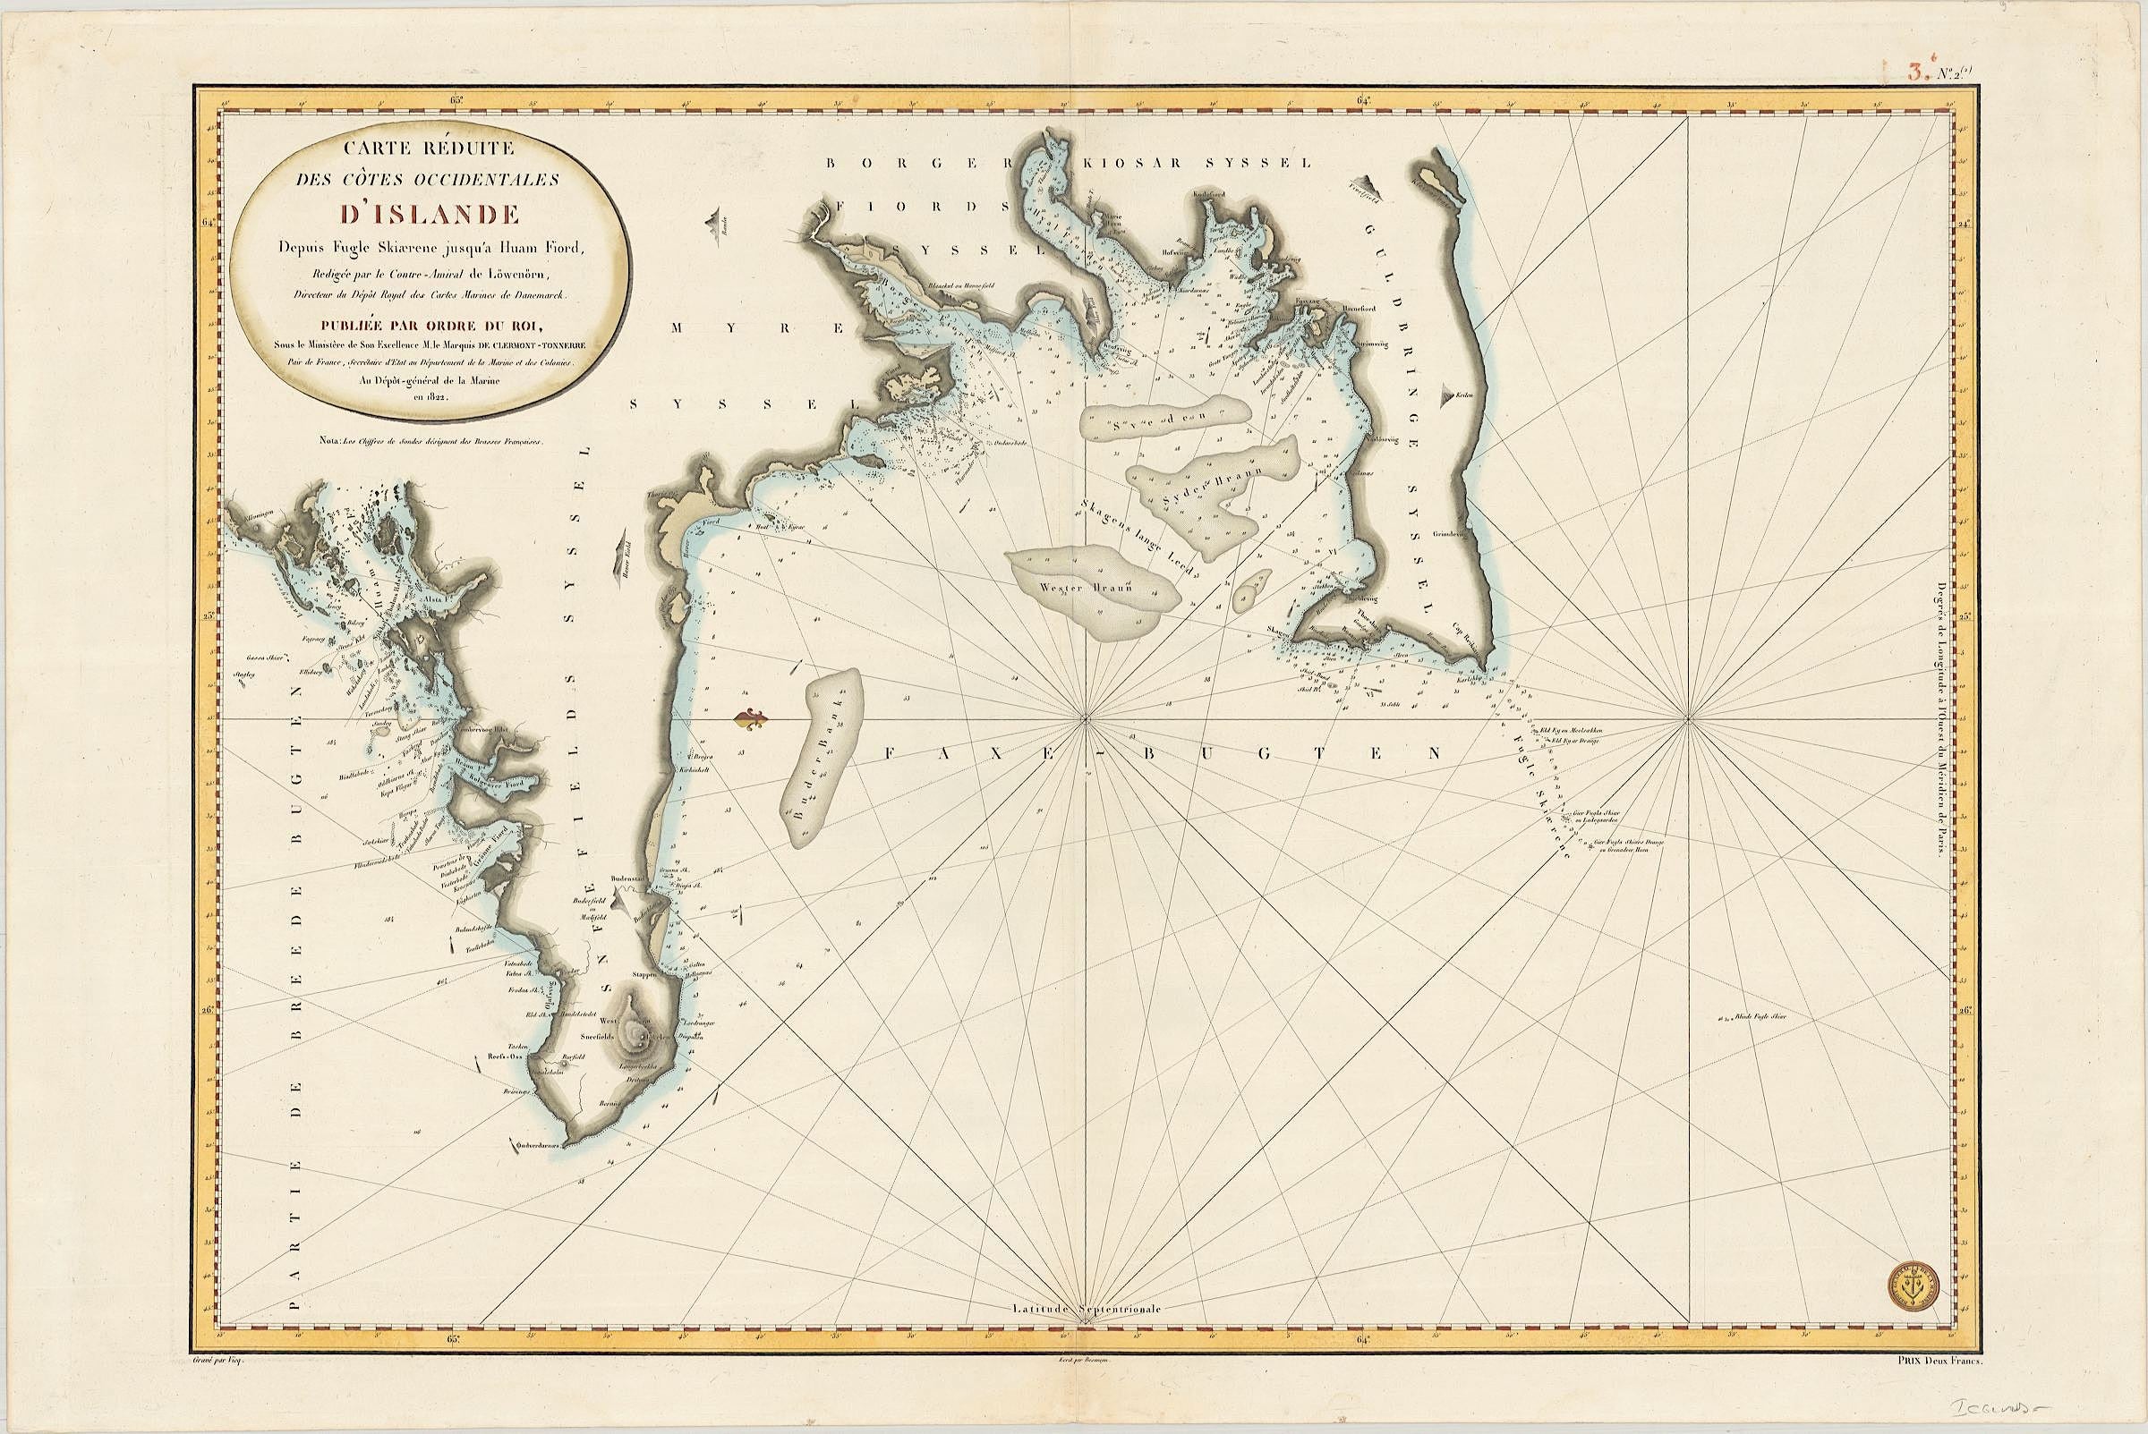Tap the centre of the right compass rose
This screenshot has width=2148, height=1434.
(x=1687, y=719)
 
